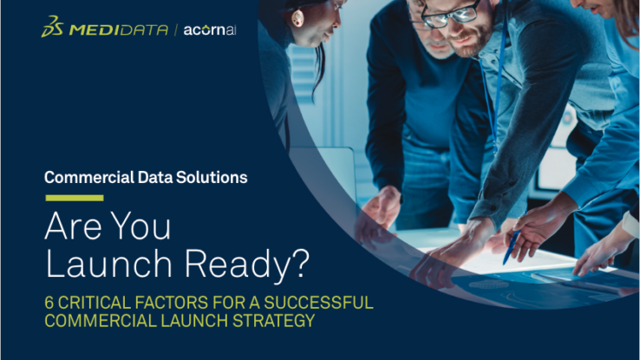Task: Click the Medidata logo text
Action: pyautogui.click(x=118, y=29)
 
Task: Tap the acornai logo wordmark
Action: pyautogui.click(x=210, y=29)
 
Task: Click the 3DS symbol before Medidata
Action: pyautogui.click(x=53, y=27)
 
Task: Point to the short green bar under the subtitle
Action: pyautogui.click(x=75, y=198)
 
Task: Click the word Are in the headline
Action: pyautogui.click(x=73, y=226)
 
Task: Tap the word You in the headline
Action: pyautogui.click(x=140, y=226)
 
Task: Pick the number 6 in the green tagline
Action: pyautogui.click(x=49, y=303)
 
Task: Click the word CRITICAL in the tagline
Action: pyautogui.click(x=94, y=303)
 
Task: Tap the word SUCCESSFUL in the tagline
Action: pyautogui.click(x=318, y=303)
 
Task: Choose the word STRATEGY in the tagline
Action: pyautogui.click(x=273, y=321)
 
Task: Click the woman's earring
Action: pyautogui.click(x=297, y=18)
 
